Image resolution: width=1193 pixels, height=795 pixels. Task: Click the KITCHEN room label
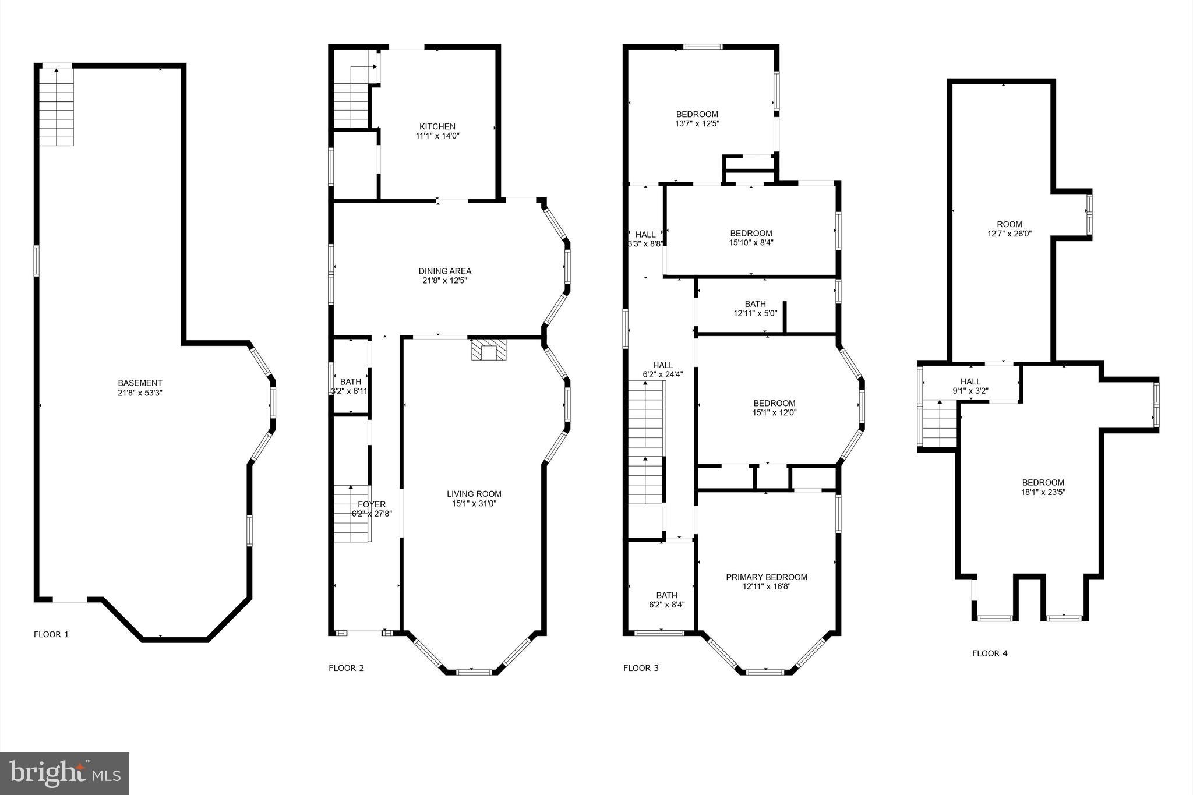(437, 126)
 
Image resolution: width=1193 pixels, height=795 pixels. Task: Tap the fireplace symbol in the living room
(488, 351)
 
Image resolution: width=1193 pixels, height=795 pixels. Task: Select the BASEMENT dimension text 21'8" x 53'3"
(140, 393)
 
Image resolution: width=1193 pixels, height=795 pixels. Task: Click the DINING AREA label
(444, 271)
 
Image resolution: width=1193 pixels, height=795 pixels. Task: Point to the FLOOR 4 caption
(989, 653)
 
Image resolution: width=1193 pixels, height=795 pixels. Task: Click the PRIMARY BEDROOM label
(766, 577)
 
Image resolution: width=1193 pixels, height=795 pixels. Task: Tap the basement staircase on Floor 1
(57, 108)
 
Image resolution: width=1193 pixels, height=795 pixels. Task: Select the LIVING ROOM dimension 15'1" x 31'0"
(474, 504)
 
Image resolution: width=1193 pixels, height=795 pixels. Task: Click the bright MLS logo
(65, 773)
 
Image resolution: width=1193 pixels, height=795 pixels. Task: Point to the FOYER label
(371, 504)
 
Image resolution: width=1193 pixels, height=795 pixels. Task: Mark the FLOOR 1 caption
(51, 634)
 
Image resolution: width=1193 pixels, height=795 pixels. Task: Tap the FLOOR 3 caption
(641, 668)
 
